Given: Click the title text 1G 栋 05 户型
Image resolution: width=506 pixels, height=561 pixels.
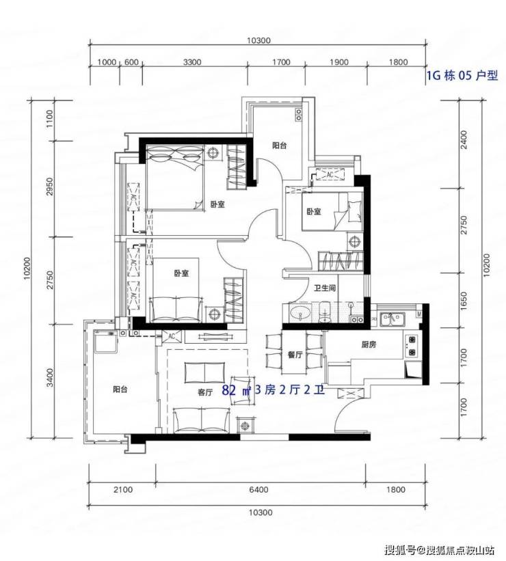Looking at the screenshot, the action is coord(462,75).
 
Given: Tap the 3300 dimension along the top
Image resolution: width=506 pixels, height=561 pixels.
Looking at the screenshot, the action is coord(192,62).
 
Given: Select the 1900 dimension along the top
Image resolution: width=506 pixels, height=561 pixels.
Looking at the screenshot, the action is coord(339,62).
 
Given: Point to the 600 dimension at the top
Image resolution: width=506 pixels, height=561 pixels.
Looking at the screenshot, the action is coord(131,62).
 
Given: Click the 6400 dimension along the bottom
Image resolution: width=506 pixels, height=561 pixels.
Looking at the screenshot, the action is coord(258,489).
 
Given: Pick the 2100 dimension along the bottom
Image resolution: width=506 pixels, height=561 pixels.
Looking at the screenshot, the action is coord(123,489).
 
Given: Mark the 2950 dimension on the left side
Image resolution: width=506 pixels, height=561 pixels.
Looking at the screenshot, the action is coord(49,187).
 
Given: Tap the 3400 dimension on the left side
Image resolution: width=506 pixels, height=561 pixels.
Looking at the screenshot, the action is coord(49,378).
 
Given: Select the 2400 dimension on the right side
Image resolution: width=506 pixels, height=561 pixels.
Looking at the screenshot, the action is coord(464,140).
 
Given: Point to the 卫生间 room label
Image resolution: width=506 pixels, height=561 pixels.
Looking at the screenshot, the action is coord(325,288).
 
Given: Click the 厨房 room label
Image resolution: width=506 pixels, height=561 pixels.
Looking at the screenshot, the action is coord(369,344).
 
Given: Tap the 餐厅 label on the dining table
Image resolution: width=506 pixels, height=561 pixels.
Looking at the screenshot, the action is coord(295,355).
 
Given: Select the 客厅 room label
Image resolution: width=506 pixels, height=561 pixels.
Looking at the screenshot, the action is coord(205,392).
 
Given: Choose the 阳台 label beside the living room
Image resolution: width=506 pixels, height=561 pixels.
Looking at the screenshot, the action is coord(120,389).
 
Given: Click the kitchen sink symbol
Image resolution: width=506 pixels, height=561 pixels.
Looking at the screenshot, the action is coord(392,318).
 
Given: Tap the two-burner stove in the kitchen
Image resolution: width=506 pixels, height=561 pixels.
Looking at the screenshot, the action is coord(412,345).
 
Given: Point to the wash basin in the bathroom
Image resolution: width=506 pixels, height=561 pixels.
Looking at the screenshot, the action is coord(299,314).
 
